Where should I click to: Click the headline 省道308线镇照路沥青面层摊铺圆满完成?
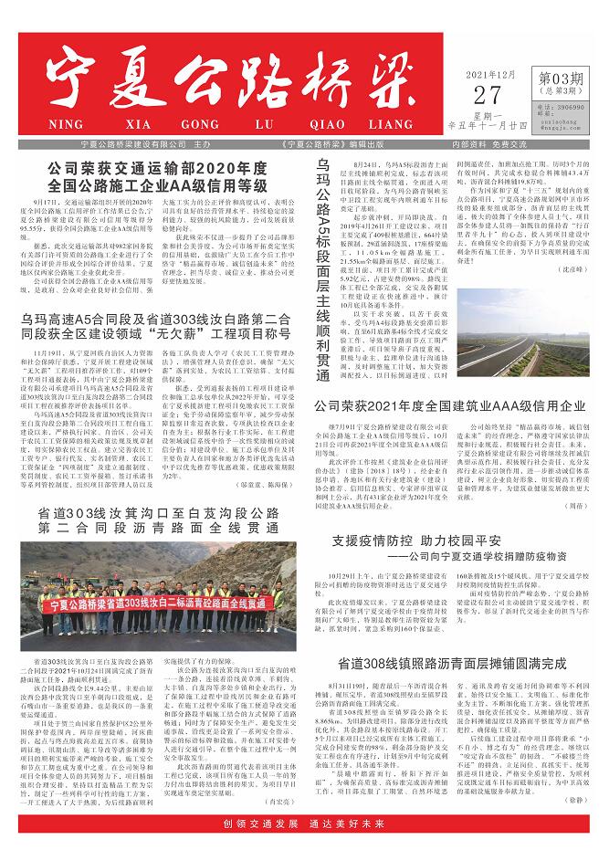click(451, 687)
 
